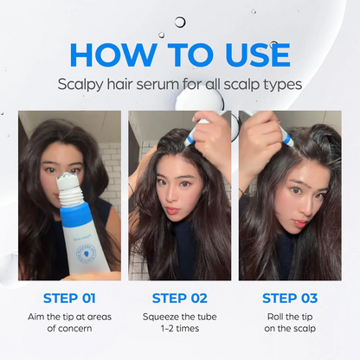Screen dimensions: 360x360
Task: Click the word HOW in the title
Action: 115,54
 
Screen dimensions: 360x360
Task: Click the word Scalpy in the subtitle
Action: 82,85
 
